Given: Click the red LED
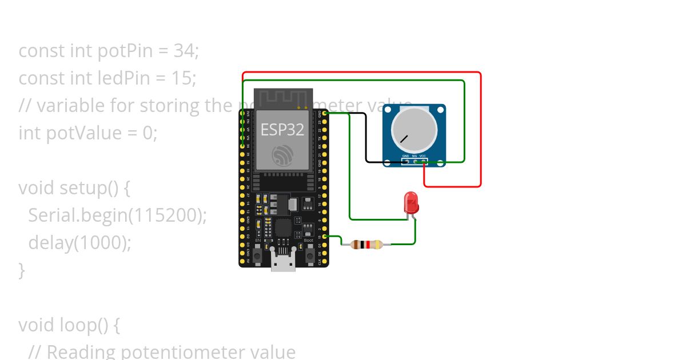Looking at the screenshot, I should coord(410,202).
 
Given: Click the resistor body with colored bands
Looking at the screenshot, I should coord(366,245).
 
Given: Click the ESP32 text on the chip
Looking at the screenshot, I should coord(282,129).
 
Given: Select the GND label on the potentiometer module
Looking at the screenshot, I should coord(405,155).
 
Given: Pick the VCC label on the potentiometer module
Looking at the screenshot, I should coord(423,155).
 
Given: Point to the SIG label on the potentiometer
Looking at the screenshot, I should coord(414,155).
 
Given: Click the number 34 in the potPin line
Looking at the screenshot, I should coord(184,51).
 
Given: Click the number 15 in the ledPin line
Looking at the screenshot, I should coord(183,78).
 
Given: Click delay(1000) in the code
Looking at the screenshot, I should coord(79,243).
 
